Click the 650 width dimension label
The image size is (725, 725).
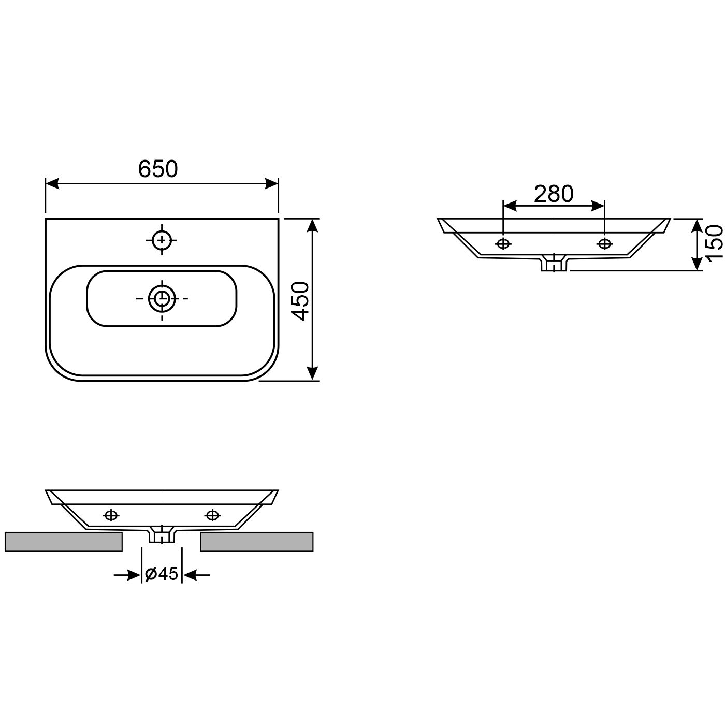click(x=158, y=169)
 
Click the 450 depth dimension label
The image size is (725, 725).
click(x=300, y=301)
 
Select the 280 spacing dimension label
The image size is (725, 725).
click(x=554, y=194)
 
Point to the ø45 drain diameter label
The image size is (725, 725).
click(x=162, y=574)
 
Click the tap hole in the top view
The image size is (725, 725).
click(x=163, y=240)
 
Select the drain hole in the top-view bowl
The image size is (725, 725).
click(x=163, y=298)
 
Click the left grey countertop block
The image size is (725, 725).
click(x=63, y=541)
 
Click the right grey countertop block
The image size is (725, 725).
click(x=257, y=541)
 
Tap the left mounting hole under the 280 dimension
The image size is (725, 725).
click(x=503, y=244)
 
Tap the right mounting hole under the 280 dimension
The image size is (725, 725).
click(x=604, y=244)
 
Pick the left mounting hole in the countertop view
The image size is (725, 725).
click(x=111, y=515)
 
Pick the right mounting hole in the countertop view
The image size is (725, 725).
click(x=212, y=515)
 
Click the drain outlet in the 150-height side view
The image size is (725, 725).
click(x=554, y=264)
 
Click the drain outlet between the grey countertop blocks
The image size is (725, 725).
click(x=162, y=535)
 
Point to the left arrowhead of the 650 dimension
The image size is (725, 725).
click(x=52, y=184)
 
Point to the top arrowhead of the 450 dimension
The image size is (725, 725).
click(x=312, y=226)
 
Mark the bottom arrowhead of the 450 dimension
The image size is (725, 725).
click(x=312, y=373)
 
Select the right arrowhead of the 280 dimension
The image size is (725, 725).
click(x=598, y=206)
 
